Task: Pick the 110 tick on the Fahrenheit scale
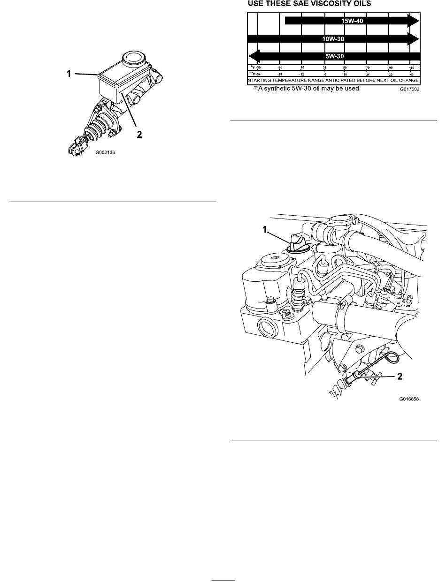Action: [x=411, y=68]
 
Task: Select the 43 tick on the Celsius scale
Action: [x=411, y=74]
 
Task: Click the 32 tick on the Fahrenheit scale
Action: [x=324, y=68]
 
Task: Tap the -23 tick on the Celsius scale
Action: [x=280, y=74]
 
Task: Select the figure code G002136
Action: [x=105, y=152]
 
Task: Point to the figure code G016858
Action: [x=408, y=400]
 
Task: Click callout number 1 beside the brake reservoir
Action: [x=69, y=73]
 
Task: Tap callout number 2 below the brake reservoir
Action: [x=139, y=134]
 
